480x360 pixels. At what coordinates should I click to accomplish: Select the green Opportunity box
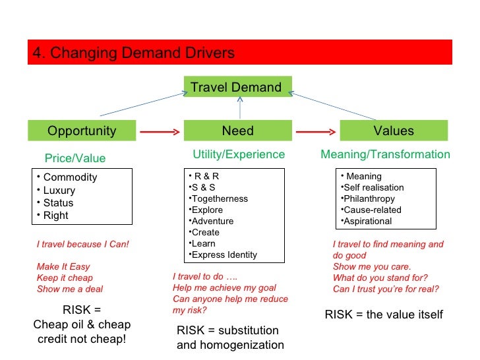click(x=82, y=131)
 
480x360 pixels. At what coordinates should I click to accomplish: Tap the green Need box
click(x=237, y=131)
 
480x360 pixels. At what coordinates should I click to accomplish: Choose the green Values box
click(x=394, y=131)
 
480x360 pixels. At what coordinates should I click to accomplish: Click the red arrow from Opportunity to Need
click(x=159, y=131)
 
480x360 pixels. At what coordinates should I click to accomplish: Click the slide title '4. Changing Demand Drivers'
click(x=134, y=53)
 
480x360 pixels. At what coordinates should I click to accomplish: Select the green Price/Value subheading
click(x=75, y=158)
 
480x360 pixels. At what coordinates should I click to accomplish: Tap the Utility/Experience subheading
click(x=239, y=154)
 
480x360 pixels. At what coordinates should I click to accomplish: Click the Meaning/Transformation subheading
click(x=385, y=154)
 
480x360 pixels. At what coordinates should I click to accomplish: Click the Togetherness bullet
click(x=219, y=198)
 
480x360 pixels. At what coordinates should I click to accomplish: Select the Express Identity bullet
click(x=224, y=255)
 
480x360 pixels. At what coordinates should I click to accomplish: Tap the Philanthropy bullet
click(x=369, y=198)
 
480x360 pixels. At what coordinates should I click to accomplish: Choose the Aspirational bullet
click(x=367, y=221)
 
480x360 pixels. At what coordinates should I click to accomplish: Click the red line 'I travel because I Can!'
click(x=83, y=244)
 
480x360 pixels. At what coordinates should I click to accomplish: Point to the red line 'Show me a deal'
click(x=70, y=289)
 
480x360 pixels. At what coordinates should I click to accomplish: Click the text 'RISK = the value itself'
click(x=384, y=315)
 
